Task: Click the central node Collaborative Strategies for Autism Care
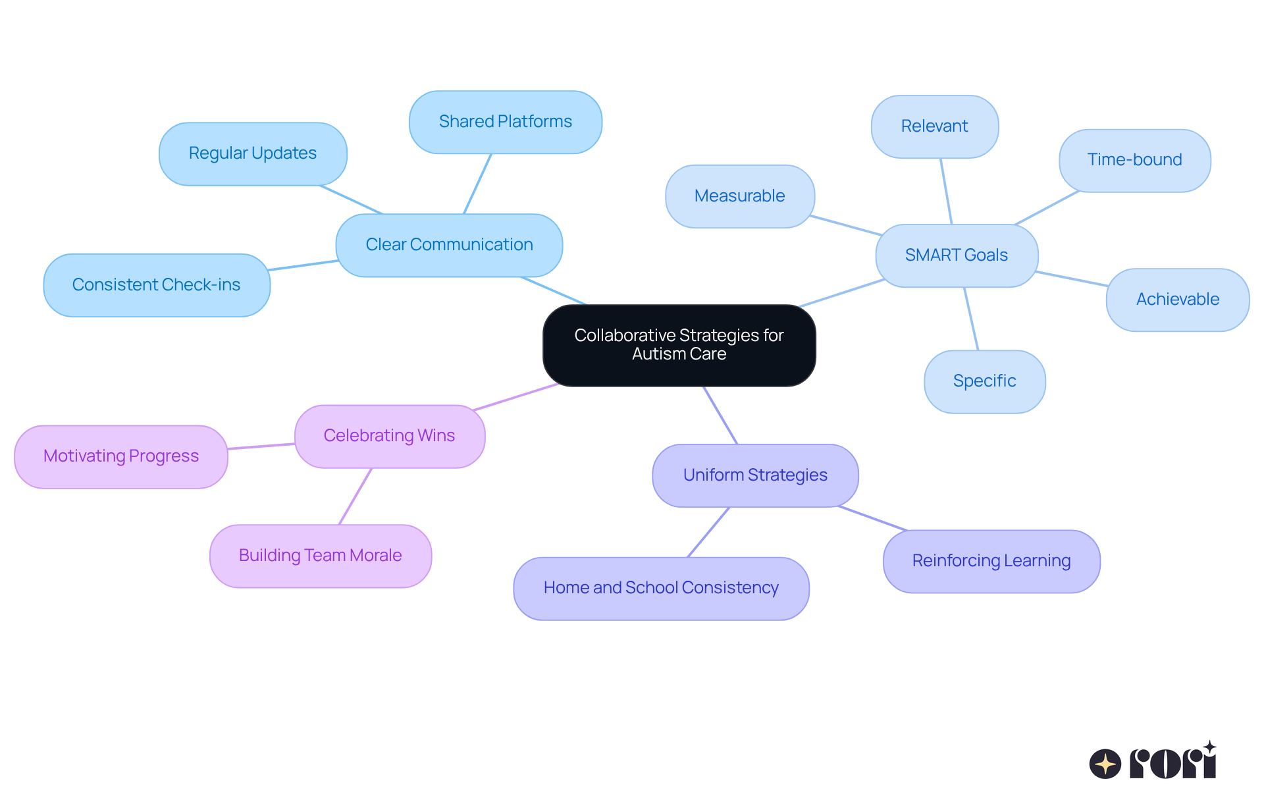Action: click(679, 345)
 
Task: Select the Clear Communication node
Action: click(449, 245)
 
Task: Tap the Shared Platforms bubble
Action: click(505, 122)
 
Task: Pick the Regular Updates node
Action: click(253, 153)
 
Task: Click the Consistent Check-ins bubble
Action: click(157, 285)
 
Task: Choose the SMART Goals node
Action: click(956, 255)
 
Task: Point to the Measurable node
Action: click(739, 196)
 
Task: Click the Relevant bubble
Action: click(934, 126)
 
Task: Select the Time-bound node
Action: click(1134, 160)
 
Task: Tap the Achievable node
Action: click(1177, 300)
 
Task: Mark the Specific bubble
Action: click(984, 381)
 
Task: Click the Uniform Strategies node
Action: click(755, 475)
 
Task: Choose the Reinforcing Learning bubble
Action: click(991, 561)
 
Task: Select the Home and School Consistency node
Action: click(661, 588)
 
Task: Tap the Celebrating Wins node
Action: click(389, 436)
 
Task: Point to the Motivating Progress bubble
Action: click(121, 456)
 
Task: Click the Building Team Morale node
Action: click(320, 556)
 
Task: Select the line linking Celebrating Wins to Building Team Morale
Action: click(355, 496)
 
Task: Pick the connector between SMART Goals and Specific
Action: click(971, 319)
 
